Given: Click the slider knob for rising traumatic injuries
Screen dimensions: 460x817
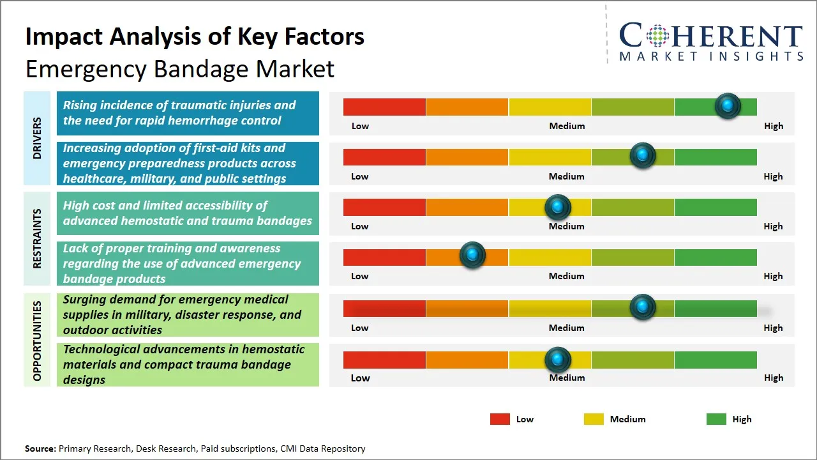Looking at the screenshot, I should [x=728, y=106].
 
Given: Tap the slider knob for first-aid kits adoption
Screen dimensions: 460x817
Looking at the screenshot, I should [x=643, y=156].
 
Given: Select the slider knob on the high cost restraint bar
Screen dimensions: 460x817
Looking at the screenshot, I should [x=558, y=207].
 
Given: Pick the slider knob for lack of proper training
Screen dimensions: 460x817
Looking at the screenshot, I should [x=472, y=256].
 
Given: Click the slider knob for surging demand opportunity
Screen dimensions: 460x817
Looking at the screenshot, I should [x=643, y=307].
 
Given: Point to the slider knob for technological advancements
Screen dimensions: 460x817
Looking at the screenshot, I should [x=558, y=360].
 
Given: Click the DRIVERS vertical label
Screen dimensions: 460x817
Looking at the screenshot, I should [x=37, y=138].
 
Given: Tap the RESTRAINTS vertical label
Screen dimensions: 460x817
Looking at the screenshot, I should [x=37, y=238].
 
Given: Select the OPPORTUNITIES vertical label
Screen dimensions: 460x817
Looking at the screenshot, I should [x=37, y=341].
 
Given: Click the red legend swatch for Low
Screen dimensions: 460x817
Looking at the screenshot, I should [x=500, y=419].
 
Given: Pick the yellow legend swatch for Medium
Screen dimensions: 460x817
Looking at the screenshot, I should [x=594, y=419].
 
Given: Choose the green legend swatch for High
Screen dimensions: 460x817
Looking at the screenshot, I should [x=716, y=419].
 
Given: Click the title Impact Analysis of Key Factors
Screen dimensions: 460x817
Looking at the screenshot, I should [x=195, y=36].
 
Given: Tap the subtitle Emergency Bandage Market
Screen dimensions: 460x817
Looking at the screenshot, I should [x=179, y=68].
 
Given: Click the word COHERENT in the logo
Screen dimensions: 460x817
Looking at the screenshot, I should [x=710, y=36].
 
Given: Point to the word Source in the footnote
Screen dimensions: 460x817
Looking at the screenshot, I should [x=40, y=448].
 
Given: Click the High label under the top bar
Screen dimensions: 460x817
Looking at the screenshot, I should [x=773, y=126].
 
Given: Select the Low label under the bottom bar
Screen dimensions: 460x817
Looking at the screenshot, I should [x=360, y=378].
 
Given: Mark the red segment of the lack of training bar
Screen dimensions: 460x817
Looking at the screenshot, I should [x=384, y=257].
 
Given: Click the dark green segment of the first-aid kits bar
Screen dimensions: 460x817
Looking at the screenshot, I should [x=715, y=157].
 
